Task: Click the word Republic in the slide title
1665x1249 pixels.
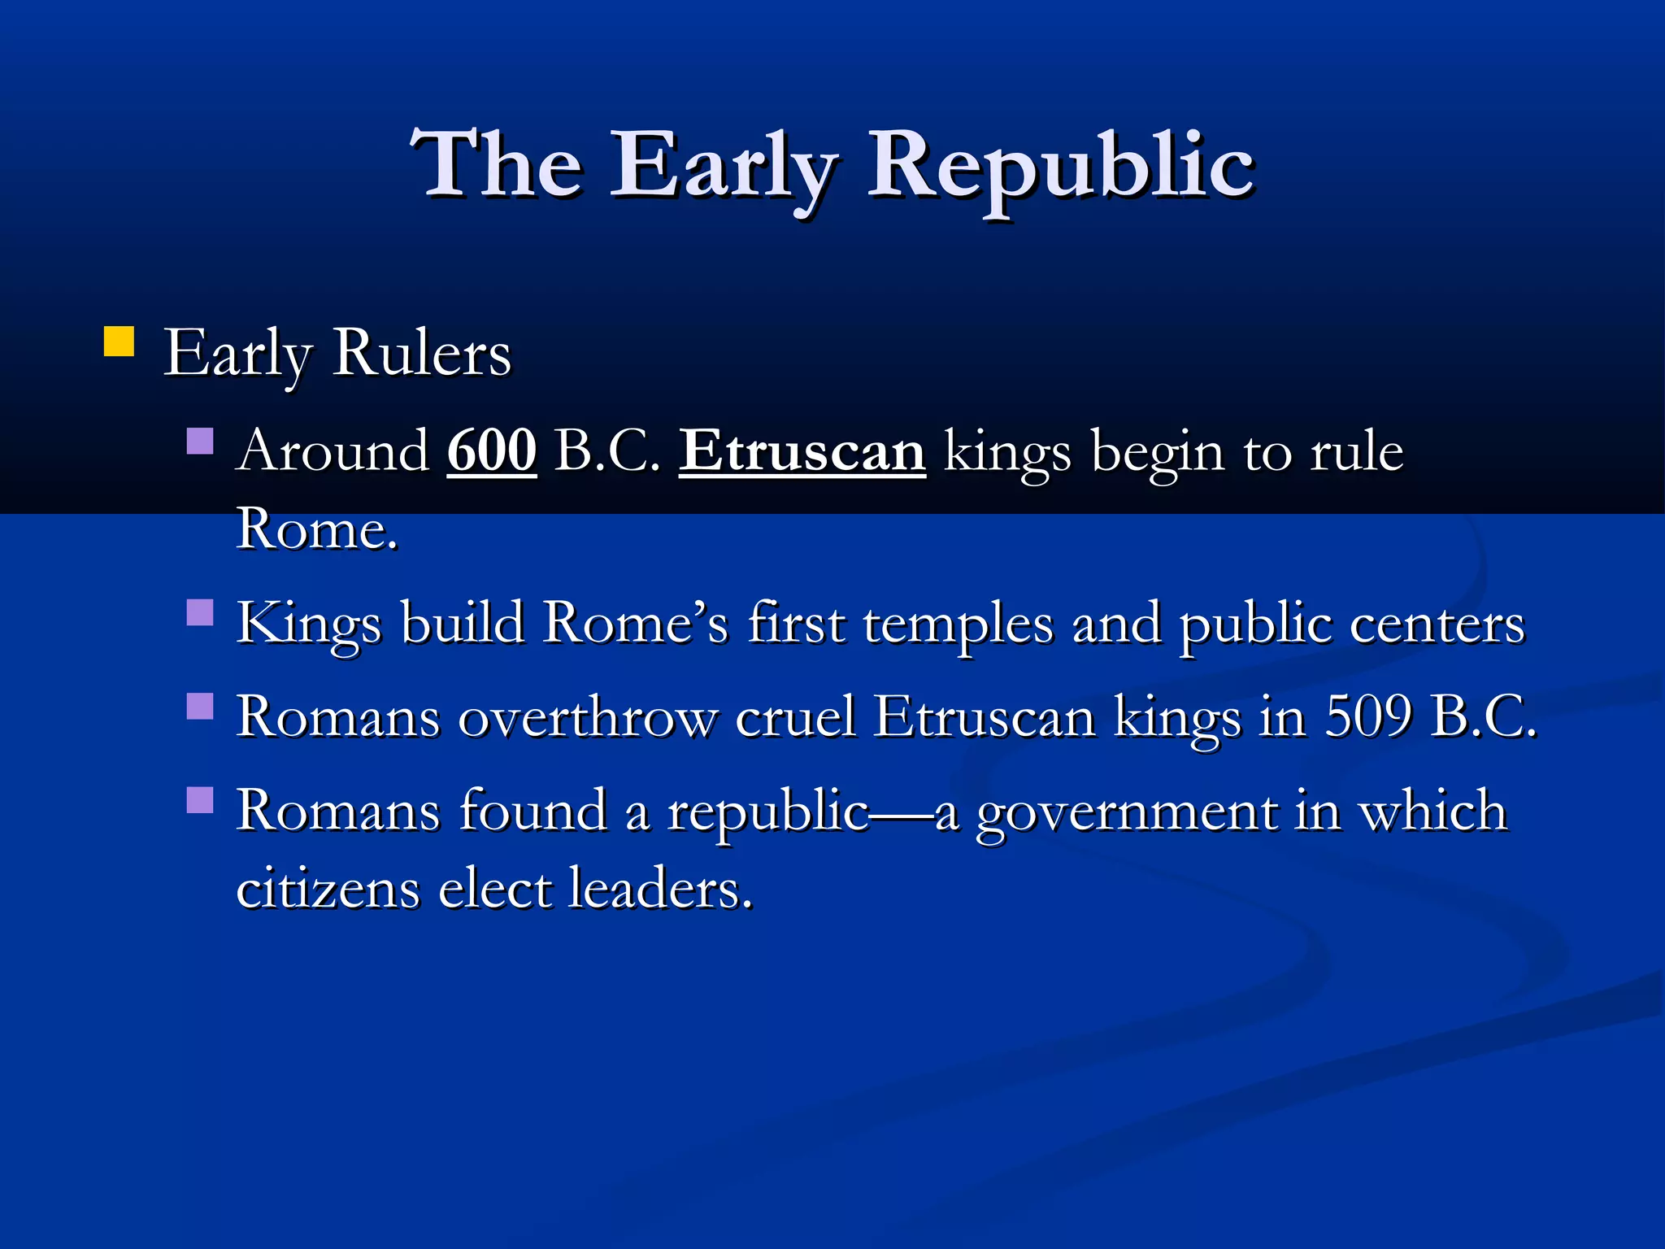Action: point(1061,167)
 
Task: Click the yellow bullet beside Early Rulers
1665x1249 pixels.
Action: point(119,342)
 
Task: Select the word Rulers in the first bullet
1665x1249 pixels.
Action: point(422,354)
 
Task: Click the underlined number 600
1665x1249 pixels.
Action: point(492,450)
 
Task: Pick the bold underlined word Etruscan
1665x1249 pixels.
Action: point(802,450)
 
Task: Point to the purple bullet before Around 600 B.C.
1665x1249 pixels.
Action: point(200,441)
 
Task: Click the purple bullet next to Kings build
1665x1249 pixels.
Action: point(200,611)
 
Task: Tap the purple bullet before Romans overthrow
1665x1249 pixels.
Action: point(200,706)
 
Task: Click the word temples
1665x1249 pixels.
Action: point(958,624)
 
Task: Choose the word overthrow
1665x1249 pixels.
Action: point(588,717)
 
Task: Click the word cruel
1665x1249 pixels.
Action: point(796,717)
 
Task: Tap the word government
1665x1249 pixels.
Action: point(1126,812)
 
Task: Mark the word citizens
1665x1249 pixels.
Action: point(328,887)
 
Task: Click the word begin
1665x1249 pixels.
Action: point(1157,452)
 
